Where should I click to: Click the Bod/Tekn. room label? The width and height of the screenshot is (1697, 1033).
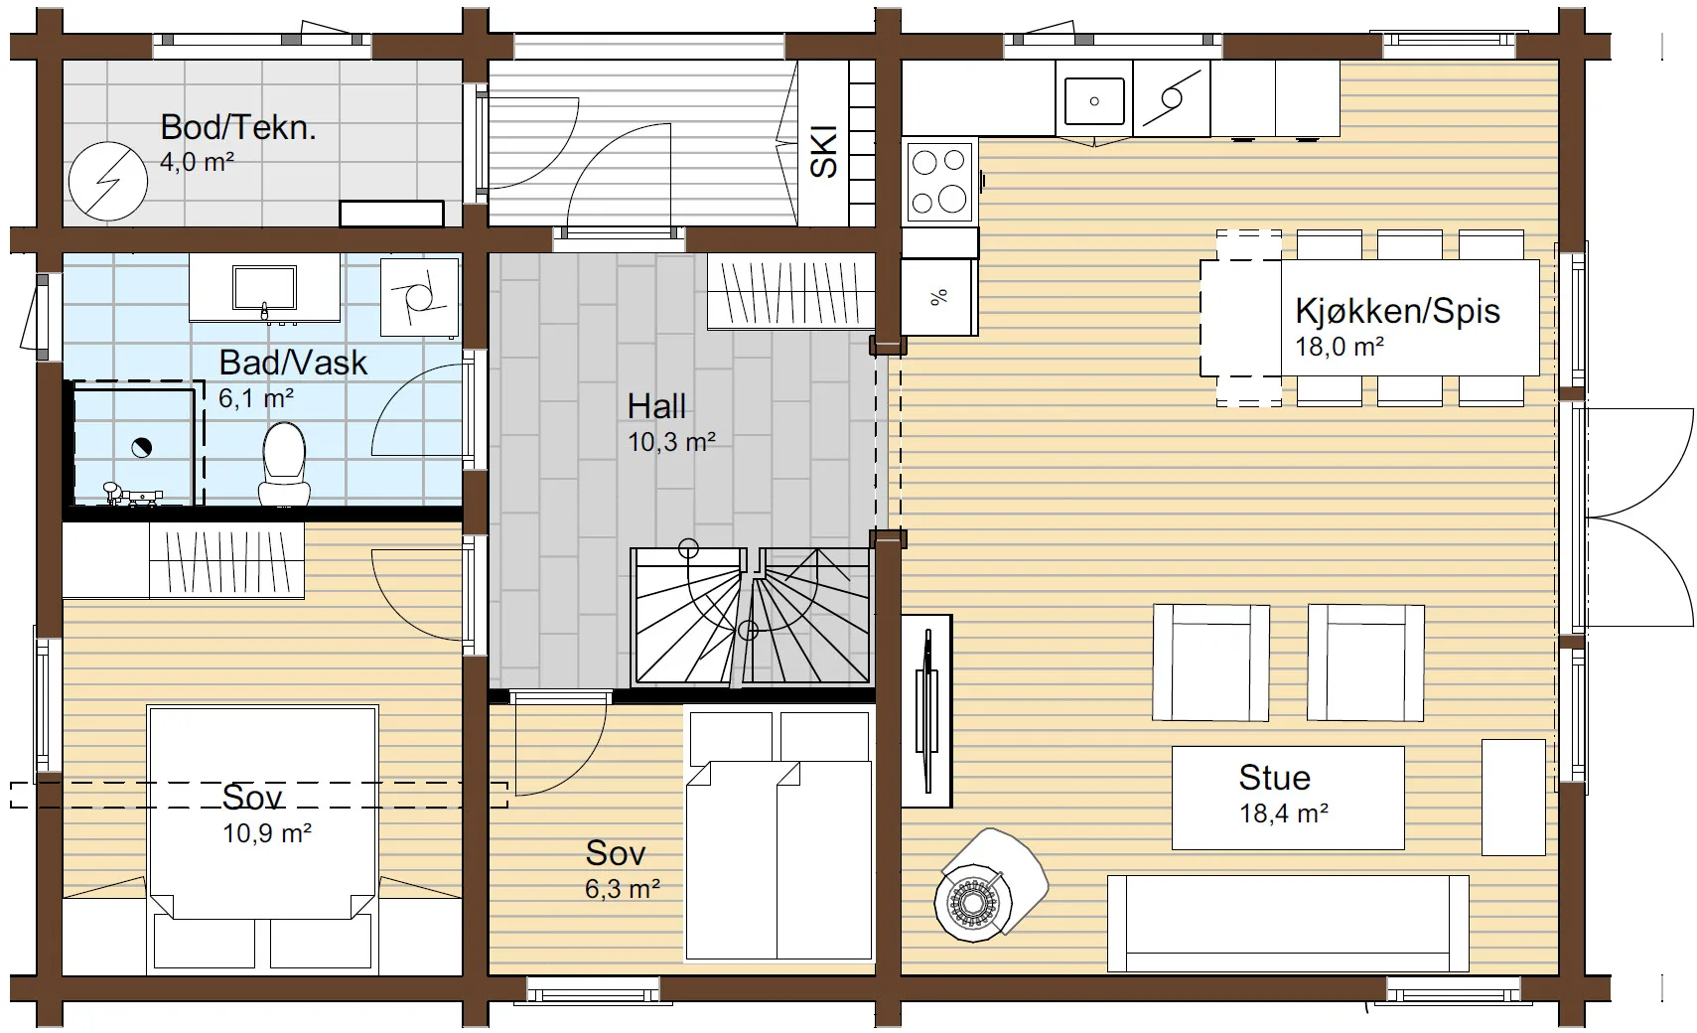tap(238, 127)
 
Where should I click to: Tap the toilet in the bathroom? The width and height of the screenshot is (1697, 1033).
tap(284, 464)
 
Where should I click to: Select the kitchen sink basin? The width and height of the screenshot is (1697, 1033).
tap(1094, 100)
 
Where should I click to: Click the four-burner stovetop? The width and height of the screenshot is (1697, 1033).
tap(939, 182)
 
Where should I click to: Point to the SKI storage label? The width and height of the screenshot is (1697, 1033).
tap(823, 152)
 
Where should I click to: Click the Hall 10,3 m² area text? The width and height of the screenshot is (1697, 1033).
tap(672, 442)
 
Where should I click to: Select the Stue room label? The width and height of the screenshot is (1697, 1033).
tap(1274, 778)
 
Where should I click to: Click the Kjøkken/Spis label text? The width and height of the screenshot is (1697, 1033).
tap(1398, 311)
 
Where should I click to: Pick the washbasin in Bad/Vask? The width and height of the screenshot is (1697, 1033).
tap(264, 288)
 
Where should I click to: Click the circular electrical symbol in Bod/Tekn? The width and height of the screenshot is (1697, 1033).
tap(107, 181)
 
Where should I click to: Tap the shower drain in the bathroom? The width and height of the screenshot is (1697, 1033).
tap(142, 448)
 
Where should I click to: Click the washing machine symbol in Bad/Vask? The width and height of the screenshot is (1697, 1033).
tap(419, 297)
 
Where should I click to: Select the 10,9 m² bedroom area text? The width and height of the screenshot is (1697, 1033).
tap(267, 833)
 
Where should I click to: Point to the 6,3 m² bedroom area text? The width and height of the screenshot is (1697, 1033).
tap(622, 888)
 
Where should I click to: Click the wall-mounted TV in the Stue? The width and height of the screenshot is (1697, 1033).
tap(926, 711)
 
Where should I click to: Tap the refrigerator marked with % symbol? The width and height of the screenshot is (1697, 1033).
tap(939, 297)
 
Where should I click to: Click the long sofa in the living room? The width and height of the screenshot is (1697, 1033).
tap(1288, 923)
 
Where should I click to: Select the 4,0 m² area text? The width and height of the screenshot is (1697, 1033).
tap(197, 162)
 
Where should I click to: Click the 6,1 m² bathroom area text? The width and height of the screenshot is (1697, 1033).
tap(256, 398)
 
